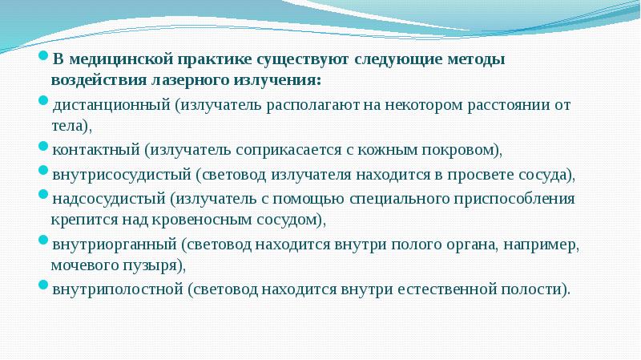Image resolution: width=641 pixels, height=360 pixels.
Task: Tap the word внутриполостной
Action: (x=117, y=287)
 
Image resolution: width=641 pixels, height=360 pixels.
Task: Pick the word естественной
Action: (x=429, y=287)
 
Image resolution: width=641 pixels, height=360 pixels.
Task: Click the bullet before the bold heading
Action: (x=46, y=59)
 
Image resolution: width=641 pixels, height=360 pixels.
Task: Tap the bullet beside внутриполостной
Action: (x=46, y=285)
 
